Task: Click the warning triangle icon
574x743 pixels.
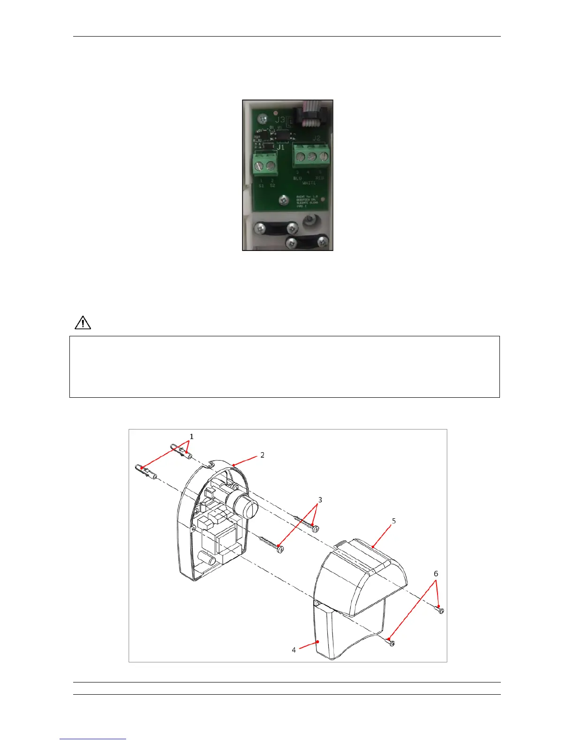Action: point(83,323)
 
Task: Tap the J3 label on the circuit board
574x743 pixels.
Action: point(280,120)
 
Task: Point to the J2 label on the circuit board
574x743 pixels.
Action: point(317,138)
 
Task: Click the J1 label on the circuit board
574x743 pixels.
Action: point(280,147)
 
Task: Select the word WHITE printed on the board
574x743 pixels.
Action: point(309,183)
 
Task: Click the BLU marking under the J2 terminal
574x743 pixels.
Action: point(297,178)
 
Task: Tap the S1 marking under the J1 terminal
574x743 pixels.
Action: point(261,186)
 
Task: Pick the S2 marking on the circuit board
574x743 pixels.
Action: point(272,186)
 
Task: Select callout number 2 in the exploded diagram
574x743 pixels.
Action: point(262,455)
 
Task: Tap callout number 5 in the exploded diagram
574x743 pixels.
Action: point(394,521)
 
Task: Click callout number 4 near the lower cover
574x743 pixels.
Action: point(294,650)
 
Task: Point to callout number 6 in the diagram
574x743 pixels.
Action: point(436,574)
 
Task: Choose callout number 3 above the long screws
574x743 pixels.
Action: point(320,500)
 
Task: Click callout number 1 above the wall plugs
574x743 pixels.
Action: point(191,436)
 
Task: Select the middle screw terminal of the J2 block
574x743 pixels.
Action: point(312,157)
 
